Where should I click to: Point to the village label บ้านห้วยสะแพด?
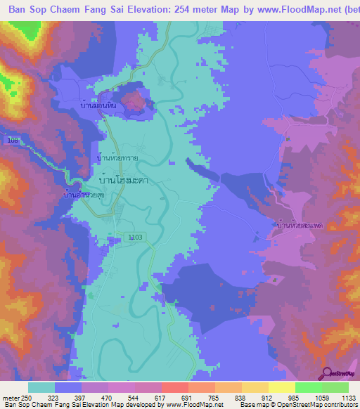click(x=300, y=225)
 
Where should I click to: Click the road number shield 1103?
click(x=135, y=238)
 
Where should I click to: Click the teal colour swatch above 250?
click(x=41, y=387)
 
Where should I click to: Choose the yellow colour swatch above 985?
click(x=281, y=387)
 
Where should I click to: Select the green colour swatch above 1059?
click(x=308, y=387)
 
